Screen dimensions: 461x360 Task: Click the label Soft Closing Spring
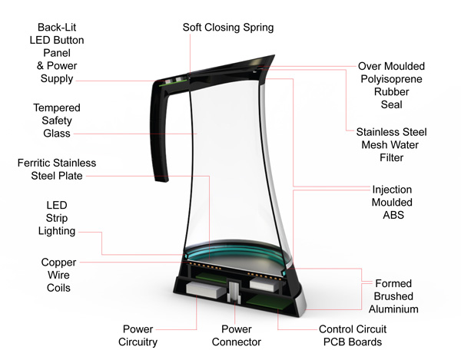tap(227, 28)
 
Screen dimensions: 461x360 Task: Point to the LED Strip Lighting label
tap(57, 218)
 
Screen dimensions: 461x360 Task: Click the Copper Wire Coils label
tap(58, 275)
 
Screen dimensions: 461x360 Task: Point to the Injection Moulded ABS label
tap(393, 202)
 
